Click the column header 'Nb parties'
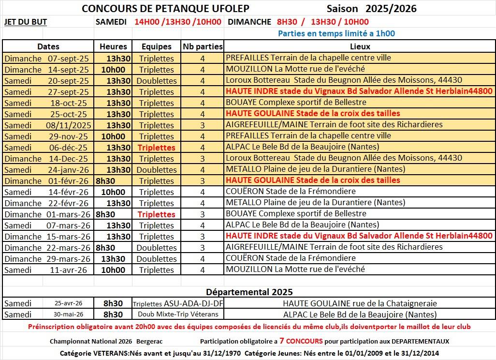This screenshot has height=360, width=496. point(203,47)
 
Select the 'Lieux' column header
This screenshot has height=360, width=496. point(360,47)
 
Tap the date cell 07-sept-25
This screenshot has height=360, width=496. point(68,58)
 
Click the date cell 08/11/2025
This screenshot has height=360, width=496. point(68,125)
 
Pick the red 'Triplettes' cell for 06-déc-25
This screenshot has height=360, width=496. point(156,147)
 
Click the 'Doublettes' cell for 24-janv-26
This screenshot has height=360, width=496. point(156,169)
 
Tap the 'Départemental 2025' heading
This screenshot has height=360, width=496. point(249,292)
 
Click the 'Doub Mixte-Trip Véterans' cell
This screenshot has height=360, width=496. point(178,315)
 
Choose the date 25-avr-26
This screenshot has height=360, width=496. point(68,303)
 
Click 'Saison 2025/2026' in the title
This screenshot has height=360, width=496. point(371,9)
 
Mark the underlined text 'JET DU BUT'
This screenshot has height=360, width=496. point(26,22)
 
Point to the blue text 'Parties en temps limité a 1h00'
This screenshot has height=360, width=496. point(336,34)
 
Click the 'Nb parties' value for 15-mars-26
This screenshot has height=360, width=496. point(203,236)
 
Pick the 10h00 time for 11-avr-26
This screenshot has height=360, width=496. point(113,270)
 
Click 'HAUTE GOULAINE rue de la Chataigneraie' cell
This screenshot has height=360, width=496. point(360,303)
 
